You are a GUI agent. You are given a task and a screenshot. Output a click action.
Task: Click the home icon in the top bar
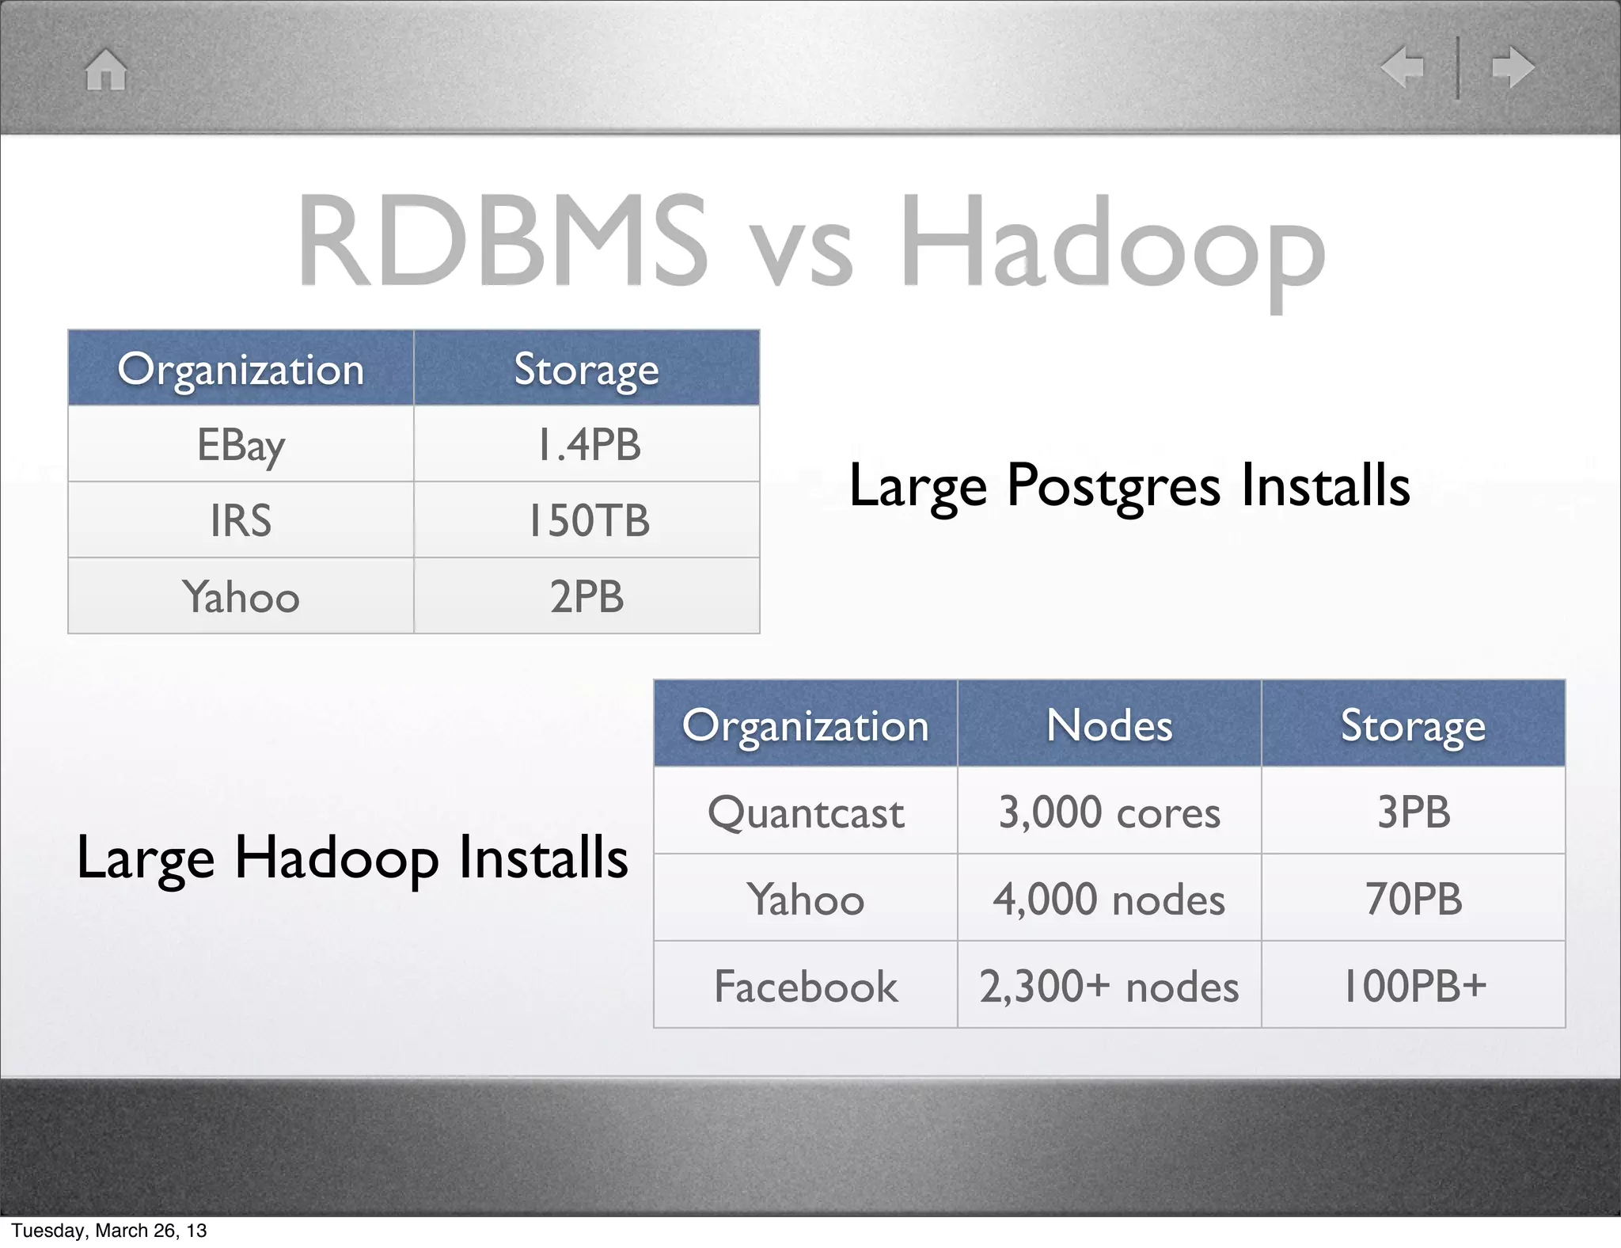pos(106,70)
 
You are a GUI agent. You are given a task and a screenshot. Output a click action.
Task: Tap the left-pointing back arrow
pos(1402,67)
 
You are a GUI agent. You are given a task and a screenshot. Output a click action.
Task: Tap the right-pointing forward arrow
pos(1513,67)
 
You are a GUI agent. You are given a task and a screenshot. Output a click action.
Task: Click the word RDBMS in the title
pos(502,241)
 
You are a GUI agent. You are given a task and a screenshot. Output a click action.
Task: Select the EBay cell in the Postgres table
pos(241,445)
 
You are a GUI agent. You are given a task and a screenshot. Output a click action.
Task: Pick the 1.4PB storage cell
pos(587,445)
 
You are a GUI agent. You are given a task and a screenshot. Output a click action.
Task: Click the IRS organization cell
pos(241,521)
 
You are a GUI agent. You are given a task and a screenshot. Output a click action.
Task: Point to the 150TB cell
pos(587,521)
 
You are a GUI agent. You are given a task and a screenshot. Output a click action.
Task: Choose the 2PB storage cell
pos(587,596)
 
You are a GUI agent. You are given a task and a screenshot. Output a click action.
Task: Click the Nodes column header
pos(1109,725)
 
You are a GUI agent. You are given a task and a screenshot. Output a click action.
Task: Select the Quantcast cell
pos(806,812)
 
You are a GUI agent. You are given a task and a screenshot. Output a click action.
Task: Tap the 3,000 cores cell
pos(1109,812)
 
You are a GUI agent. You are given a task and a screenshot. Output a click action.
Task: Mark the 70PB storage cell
pos(1414,899)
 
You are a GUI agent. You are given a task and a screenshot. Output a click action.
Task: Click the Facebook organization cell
pos(806,987)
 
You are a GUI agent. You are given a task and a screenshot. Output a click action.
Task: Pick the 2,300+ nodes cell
pos(1109,987)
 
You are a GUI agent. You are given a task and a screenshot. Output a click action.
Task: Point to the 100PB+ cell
pos(1414,987)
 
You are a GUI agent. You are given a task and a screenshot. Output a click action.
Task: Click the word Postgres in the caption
pos(1113,485)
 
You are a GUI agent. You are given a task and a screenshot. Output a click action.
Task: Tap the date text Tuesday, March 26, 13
pos(109,1231)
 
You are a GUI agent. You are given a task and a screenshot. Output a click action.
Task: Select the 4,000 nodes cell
pos(1109,900)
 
